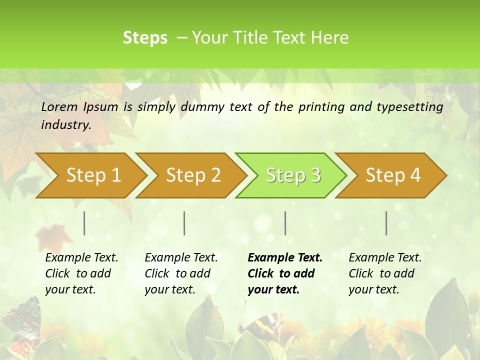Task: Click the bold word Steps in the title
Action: [145, 38]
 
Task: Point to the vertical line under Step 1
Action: [84, 223]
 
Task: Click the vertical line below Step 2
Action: [184, 223]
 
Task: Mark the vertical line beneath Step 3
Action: [285, 223]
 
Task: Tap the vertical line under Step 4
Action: [386, 223]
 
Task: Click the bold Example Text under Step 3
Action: [285, 258]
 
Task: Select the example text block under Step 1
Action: [81, 273]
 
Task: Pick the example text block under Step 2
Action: [181, 273]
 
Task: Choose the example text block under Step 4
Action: [385, 273]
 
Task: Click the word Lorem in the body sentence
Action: [59, 106]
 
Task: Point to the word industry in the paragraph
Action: [66, 125]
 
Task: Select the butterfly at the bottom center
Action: [261, 325]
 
